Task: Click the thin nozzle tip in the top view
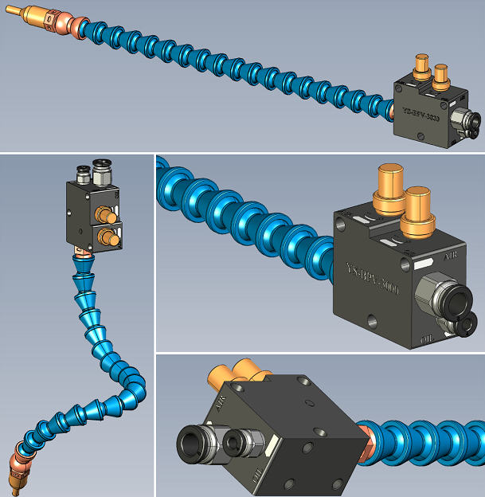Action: point(16,14)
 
